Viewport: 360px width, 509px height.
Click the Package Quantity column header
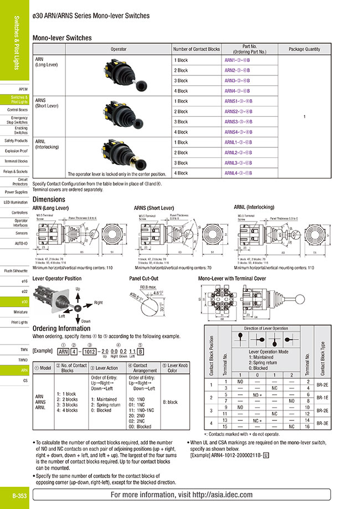click(304, 49)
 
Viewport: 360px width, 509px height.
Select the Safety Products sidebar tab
click(16, 141)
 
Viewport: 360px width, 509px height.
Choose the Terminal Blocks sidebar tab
click(16, 161)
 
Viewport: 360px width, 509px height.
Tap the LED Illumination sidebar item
click(16, 202)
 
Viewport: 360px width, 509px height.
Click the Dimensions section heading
click(49, 199)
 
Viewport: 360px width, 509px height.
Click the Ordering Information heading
click(61, 328)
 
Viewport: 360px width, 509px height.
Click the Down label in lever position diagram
click(86, 321)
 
